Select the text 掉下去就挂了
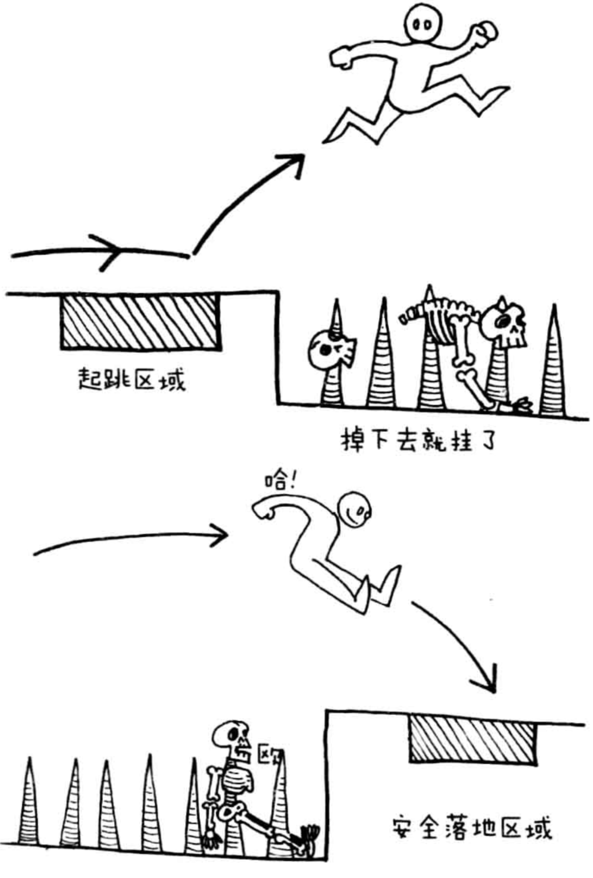(417, 440)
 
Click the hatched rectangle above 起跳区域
(140, 322)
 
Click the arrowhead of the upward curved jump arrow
(293, 164)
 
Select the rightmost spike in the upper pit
(552, 361)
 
